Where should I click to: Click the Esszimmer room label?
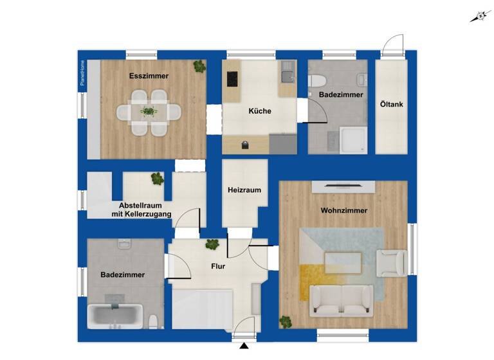149,76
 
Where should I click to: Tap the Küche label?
260,111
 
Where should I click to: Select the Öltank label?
391,103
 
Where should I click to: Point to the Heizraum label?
244,190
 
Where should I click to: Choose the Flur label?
217,265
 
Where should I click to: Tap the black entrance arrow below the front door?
244,348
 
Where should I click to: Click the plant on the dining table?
149,112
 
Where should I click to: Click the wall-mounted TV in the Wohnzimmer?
343,186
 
